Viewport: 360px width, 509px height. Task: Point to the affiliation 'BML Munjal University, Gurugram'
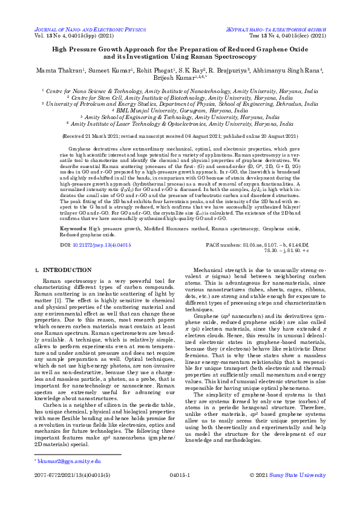180,111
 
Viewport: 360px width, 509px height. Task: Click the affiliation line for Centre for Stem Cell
180,96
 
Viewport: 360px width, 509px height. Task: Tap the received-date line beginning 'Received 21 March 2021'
180,137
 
